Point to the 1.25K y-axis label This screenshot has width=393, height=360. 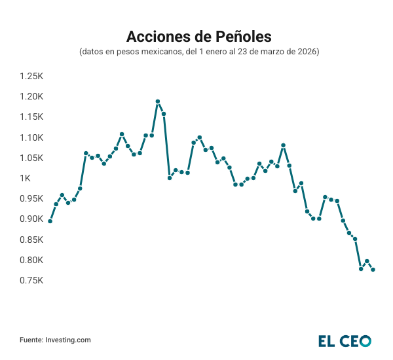pos(31,76)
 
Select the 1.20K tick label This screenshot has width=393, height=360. pos(31,96)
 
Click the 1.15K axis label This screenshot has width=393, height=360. pos(31,117)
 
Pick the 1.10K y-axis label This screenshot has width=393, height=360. pos(31,137)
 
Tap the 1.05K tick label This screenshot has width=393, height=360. pos(31,158)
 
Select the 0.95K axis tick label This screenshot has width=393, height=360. pos(31,198)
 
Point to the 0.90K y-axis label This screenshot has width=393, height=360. pos(31,219)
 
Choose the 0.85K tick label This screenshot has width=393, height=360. pos(31,240)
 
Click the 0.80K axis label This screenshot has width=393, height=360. pos(31,260)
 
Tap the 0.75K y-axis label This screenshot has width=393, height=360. pos(31,280)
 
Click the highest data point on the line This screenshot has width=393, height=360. pos(158,101)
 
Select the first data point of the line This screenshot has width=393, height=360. pos(50,221)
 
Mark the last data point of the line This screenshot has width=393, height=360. pos(373,270)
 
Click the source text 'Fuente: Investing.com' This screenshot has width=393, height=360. pos(55,340)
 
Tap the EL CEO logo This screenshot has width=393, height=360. pos(345,340)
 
